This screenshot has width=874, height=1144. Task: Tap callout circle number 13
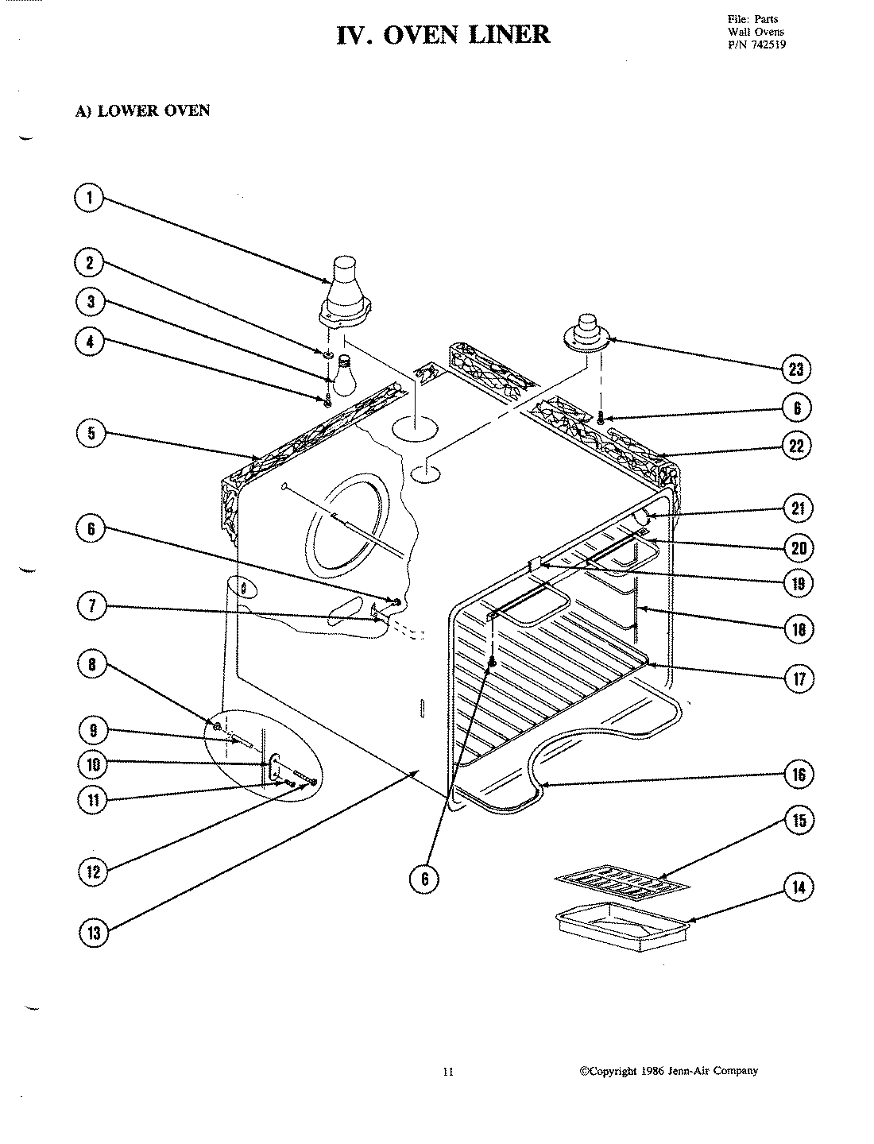click(94, 933)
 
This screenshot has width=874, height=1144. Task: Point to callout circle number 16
click(799, 774)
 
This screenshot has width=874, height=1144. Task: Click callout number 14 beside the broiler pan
click(799, 887)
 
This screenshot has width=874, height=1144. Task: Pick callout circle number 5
click(91, 434)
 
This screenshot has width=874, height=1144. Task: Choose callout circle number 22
click(797, 446)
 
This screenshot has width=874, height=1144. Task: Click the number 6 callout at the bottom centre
click(424, 878)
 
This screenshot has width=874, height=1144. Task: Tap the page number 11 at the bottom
click(447, 1072)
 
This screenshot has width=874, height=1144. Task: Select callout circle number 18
click(799, 630)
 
